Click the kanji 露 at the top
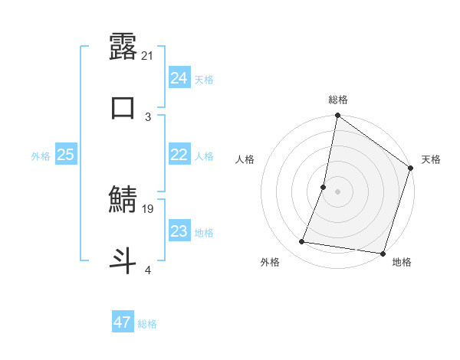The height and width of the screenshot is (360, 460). [123, 46]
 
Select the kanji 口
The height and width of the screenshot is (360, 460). [123, 106]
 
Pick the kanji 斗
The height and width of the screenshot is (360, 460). [123, 259]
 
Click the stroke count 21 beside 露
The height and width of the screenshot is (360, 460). [149, 55]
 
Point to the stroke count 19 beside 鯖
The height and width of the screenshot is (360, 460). [149, 208]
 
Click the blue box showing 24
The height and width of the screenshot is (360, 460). [179, 78]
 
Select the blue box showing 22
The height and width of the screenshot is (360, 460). [179, 155]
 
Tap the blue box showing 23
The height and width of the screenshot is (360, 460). [179, 231]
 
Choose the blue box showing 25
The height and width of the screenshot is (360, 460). [66, 155]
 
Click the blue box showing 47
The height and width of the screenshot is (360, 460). [122, 322]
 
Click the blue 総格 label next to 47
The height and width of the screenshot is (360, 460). [147, 324]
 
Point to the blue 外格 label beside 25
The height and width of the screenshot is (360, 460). [41, 156]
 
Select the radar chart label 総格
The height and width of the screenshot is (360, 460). [337, 100]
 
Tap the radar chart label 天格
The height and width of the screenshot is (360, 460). [431, 159]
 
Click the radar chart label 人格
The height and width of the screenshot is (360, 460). [245, 159]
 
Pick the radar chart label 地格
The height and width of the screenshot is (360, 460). [402, 262]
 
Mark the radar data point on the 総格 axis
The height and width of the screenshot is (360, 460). [337, 116]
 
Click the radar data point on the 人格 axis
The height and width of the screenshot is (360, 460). [324, 187]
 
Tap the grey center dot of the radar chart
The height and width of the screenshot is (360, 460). [337, 191]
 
